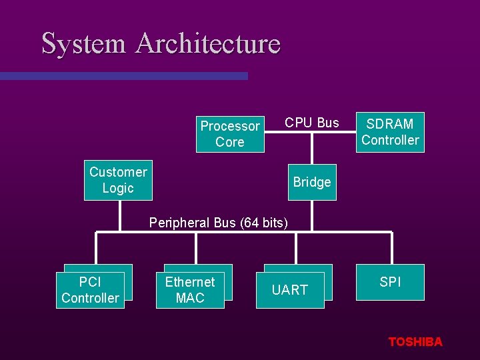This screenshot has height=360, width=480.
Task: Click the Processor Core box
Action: point(230,134)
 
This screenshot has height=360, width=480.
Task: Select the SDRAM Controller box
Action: point(390,132)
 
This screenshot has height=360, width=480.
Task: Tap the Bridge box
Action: point(311,182)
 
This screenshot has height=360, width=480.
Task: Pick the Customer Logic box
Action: point(118,180)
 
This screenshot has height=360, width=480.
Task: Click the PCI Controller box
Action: point(90,290)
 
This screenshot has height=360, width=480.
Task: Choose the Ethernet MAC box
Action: point(190,290)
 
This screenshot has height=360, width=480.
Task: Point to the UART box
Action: point(290,290)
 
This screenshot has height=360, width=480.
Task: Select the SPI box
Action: point(390,282)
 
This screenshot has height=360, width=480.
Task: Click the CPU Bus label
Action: point(312,123)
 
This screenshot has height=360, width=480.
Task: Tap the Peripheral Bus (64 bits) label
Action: point(219,223)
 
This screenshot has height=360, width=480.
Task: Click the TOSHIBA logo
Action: point(415,342)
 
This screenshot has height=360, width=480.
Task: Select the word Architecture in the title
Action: point(208,43)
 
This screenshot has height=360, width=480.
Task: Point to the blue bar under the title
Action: point(123,76)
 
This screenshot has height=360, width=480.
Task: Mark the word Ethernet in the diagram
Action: point(190,282)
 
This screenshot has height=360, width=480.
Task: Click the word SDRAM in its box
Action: point(390,124)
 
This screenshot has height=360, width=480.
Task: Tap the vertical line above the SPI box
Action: point(391,248)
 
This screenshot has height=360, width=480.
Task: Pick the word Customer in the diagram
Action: point(118,172)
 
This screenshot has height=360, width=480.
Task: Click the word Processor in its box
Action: point(230,126)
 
